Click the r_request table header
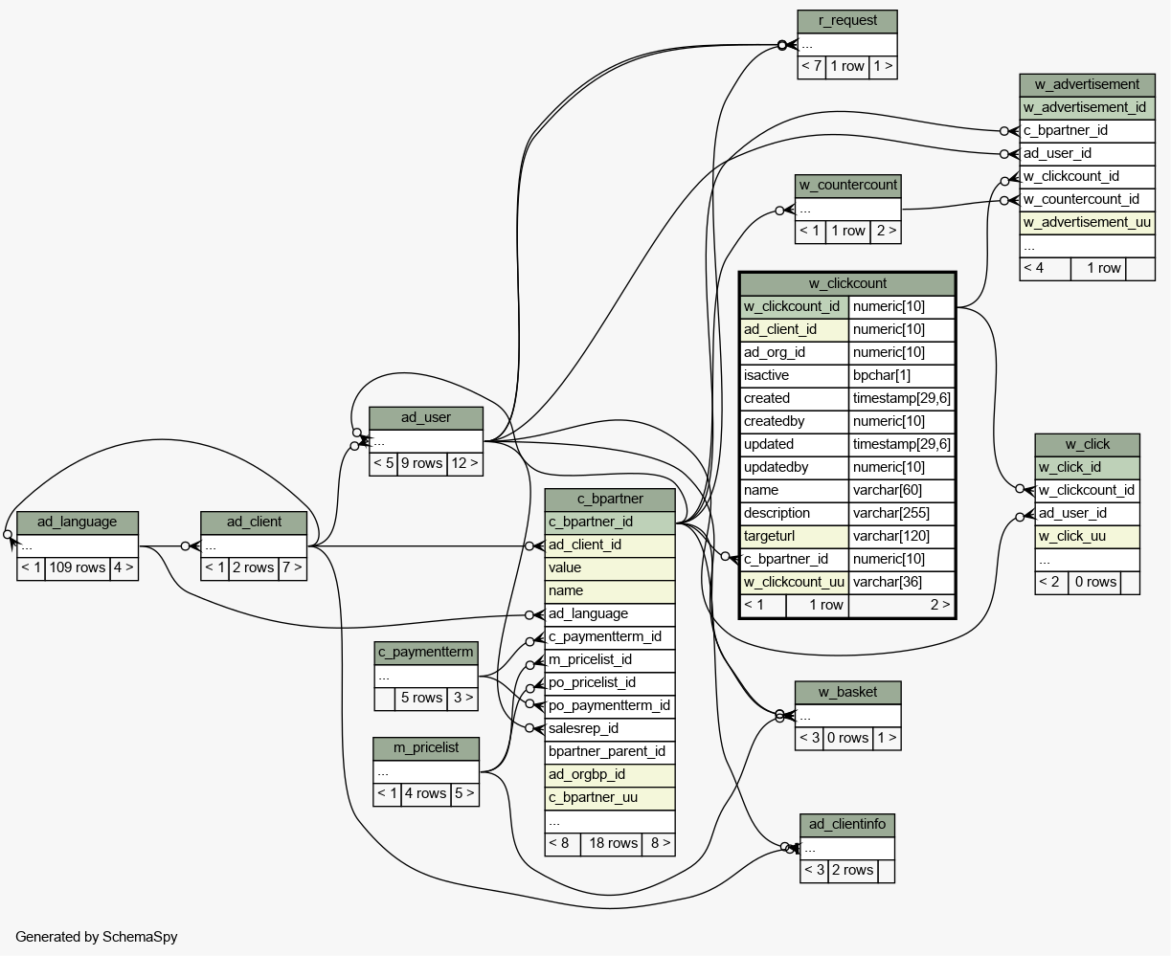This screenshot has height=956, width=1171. (846, 21)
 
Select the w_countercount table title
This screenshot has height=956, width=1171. (847, 186)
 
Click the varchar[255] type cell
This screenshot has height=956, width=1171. (901, 513)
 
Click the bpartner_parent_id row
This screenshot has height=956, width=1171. (610, 752)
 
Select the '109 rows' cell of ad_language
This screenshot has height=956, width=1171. (78, 567)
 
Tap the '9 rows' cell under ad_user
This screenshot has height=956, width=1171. (422, 463)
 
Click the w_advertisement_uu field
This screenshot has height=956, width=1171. (1087, 223)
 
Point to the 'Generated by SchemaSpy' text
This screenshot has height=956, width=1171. (97, 937)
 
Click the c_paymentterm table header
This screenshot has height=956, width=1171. (426, 653)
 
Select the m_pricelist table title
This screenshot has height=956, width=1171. (426, 748)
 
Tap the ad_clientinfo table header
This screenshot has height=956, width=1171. (846, 825)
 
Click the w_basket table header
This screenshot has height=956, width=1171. (847, 693)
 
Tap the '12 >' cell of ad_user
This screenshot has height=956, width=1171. (464, 463)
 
